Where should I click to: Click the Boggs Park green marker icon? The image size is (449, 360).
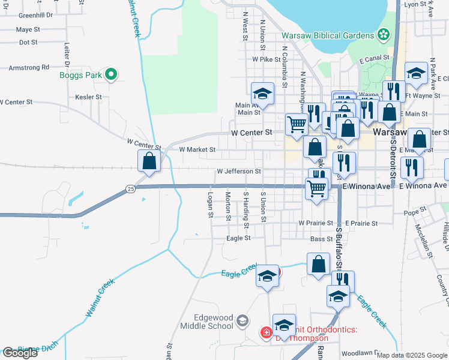[110, 74]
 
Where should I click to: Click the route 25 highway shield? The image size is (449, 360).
[131, 189]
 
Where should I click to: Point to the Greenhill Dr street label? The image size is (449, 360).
[35, 15]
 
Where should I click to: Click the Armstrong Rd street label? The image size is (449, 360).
[29, 68]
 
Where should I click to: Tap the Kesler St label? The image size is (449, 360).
[88, 97]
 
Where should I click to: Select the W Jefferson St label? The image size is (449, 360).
[239, 172]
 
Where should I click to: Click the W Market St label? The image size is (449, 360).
[197, 149]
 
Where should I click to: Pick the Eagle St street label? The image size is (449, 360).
[238, 238]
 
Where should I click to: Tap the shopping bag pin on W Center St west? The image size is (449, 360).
[149, 161]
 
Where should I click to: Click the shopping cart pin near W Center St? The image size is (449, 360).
[297, 124]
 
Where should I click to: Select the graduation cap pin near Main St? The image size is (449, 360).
[262, 94]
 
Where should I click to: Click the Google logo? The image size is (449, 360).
[20, 353]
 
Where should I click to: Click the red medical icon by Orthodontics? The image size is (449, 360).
[265, 332]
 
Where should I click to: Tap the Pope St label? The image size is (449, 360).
[415, 212]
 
